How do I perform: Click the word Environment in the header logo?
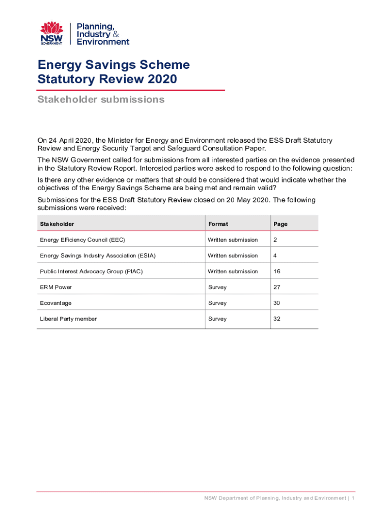[x=103, y=42]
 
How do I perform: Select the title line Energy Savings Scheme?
[x=114, y=65]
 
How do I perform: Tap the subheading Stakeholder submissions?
[x=101, y=99]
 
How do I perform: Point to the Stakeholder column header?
[x=57, y=224]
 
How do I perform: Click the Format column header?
[x=218, y=224]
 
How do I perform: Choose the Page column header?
[x=281, y=224]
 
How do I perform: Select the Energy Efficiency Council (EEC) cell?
[x=82, y=240]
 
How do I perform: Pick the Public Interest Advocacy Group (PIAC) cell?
[x=92, y=271]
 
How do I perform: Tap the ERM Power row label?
[x=56, y=287]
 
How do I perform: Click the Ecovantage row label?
[x=56, y=303]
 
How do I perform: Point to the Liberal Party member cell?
[x=68, y=319]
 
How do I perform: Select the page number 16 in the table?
[x=277, y=271]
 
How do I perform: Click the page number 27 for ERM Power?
[x=277, y=287]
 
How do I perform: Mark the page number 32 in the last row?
[x=277, y=319]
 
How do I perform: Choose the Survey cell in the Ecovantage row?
[x=217, y=303]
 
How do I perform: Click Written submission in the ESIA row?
[x=233, y=255]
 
